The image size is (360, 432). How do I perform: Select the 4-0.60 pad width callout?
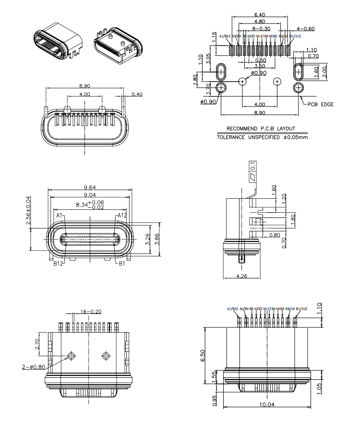pos(306,29)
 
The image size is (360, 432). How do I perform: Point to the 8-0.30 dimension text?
pos(260,29)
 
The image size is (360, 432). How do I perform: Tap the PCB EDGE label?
pos(321,104)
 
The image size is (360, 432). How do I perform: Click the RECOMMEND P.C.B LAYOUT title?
pos(261,129)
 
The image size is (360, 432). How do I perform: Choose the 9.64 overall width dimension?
pos(89,188)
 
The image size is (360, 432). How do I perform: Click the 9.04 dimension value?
pos(89,195)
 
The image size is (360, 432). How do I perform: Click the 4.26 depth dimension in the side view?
pos(242,276)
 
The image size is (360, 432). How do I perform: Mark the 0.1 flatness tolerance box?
pos(253,168)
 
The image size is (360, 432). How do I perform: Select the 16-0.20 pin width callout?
pos(91,312)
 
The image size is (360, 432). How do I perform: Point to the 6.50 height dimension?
pos(203,355)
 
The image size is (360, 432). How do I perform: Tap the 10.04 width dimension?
pos(267,405)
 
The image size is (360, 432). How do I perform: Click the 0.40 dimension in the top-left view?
pos(137,94)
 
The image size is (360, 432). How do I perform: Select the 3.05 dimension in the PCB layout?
pos(209,59)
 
